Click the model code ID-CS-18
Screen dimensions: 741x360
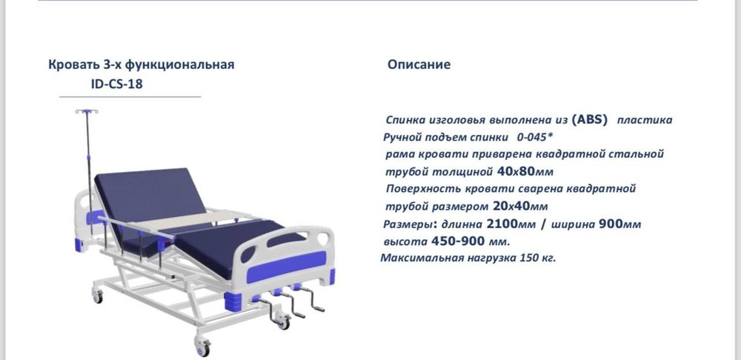[x=117, y=84]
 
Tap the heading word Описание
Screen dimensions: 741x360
[x=419, y=64]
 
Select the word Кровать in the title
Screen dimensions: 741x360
[x=73, y=64]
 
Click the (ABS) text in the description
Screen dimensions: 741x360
[x=589, y=119]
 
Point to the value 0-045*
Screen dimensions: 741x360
[x=535, y=137]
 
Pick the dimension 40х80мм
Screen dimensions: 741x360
[x=525, y=171]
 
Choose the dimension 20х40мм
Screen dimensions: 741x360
[x=520, y=206]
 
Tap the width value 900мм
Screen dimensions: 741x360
[x=619, y=224]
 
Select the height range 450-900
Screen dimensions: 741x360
[x=458, y=241]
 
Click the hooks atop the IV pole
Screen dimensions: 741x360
[x=87, y=112]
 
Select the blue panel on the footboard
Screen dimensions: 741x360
[x=286, y=266]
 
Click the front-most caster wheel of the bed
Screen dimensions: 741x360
[x=203, y=347]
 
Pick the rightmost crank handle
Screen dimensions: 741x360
[x=313, y=300]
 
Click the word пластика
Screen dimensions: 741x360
[x=644, y=120]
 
